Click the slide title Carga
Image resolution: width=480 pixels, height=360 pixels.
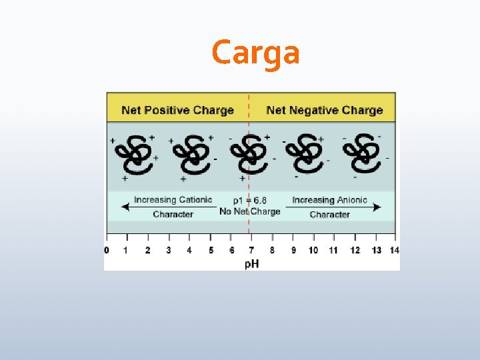coord(255,53)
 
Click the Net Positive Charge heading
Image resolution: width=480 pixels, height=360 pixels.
coord(177,110)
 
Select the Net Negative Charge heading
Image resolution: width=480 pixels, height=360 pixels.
coord(324,110)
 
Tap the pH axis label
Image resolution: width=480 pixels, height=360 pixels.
coord(251,264)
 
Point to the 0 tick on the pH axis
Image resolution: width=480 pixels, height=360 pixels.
coord(107,250)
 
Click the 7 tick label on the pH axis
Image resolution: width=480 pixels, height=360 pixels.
coord(251,250)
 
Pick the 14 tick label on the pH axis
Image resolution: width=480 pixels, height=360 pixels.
coord(394,250)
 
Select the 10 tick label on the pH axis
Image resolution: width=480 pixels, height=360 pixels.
coord(313,250)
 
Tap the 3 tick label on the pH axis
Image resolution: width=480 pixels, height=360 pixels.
coord(169,250)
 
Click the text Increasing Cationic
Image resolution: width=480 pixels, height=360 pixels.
coord(173,199)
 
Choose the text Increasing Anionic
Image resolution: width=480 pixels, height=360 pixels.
coord(329,200)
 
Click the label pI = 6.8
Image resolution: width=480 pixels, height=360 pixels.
coord(250,200)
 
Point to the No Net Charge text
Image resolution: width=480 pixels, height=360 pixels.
coord(250,211)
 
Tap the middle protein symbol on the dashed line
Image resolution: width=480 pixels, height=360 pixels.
coord(249,154)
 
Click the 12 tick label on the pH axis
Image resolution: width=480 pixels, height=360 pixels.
coord(354,250)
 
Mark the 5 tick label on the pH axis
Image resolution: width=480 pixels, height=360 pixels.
coord(211,250)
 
